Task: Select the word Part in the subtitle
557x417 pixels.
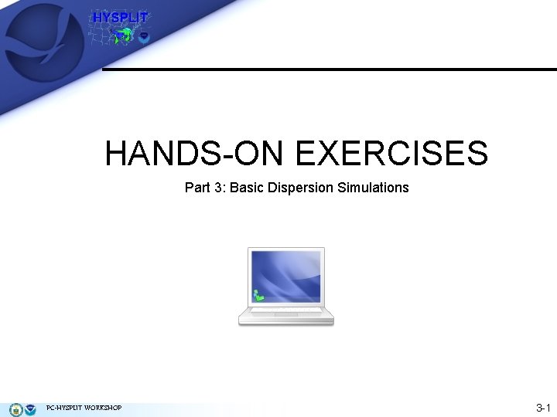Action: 196,188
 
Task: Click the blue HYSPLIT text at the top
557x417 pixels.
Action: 120,18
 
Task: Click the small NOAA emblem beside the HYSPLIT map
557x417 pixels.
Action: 144,36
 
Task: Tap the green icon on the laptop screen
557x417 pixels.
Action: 258,295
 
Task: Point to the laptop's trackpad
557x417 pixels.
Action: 285,318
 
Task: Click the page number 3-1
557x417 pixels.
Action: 542,408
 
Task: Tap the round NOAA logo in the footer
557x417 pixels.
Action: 30,409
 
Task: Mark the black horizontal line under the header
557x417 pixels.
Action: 329,69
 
